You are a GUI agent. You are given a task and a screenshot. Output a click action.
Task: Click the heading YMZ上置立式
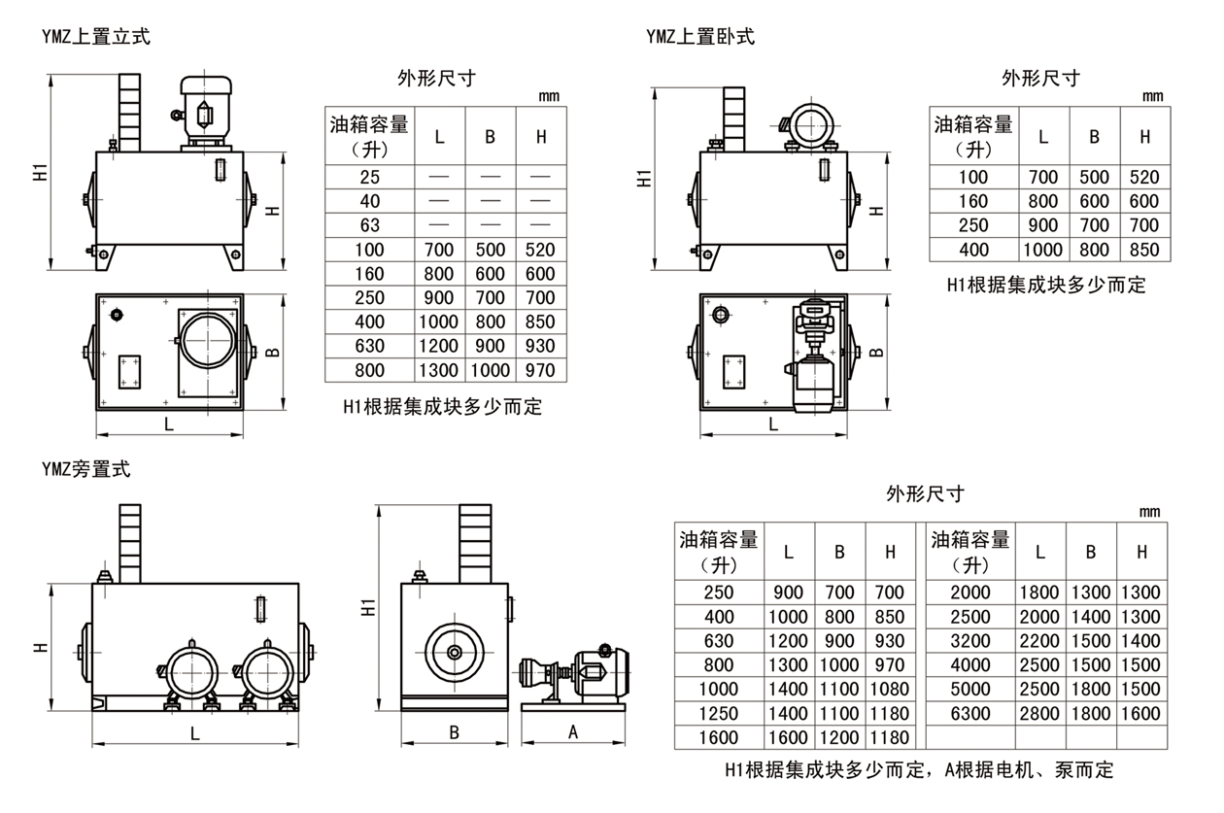click(x=95, y=37)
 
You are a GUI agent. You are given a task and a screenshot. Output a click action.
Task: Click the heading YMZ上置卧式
click(x=699, y=37)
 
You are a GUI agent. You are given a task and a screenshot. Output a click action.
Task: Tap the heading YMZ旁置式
click(x=85, y=470)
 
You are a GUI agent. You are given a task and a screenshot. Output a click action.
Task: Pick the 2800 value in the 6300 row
click(x=1040, y=714)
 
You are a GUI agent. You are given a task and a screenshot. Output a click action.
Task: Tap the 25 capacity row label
click(x=370, y=177)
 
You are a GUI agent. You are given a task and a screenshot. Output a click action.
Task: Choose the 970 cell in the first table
click(x=540, y=370)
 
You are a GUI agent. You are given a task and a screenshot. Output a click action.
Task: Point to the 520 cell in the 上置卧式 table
click(x=1144, y=177)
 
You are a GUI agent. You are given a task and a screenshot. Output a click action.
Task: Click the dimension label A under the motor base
click(x=573, y=733)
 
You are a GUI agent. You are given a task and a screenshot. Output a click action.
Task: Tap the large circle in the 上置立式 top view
click(x=207, y=340)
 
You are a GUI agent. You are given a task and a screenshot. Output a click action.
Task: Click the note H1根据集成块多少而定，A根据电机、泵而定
click(x=918, y=770)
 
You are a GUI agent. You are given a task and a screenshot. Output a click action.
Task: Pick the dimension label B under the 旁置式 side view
click(x=454, y=732)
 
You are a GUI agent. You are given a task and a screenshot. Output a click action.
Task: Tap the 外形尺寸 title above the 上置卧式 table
click(x=1040, y=78)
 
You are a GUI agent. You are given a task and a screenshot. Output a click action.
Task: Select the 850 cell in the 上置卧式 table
click(x=1144, y=250)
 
